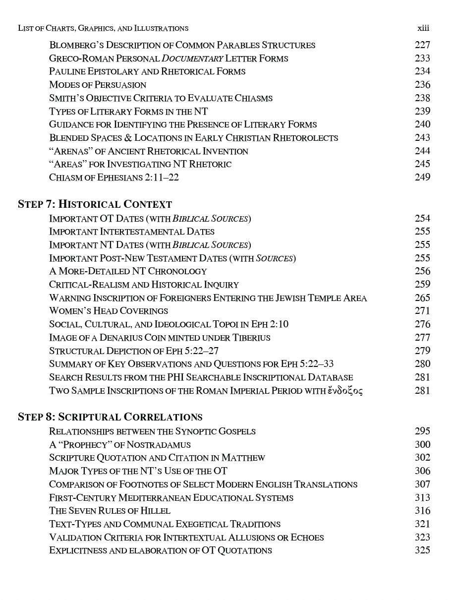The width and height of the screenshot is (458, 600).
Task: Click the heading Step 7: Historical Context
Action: (x=95, y=204)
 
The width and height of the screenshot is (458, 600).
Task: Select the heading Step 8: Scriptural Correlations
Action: (x=110, y=417)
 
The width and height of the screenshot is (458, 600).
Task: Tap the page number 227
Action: (x=422, y=45)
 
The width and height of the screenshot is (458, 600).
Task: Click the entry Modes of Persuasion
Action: (x=98, y=85)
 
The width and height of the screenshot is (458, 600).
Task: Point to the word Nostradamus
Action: (x=159, y=444)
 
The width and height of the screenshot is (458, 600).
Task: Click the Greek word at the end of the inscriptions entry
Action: (x=345, y=391)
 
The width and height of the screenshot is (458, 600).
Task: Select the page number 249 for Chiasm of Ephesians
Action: (x=422, y=177)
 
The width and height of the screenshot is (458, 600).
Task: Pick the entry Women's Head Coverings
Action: (x=109, y=311)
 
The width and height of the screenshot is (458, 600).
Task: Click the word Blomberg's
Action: (x=75, y=45)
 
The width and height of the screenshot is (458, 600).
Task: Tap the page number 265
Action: (x=422, y=298)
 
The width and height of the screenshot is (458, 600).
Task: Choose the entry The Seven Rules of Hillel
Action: (x=110, y=511)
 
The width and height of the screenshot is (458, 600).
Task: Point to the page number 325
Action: (x=422, y=550)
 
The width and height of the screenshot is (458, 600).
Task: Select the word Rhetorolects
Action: (x=306, y=138)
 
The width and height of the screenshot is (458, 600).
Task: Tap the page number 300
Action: (x=422, y=444)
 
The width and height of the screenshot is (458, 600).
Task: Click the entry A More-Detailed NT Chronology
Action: (x=128, y=271)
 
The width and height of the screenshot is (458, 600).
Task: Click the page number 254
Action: (x=422, y=218)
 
